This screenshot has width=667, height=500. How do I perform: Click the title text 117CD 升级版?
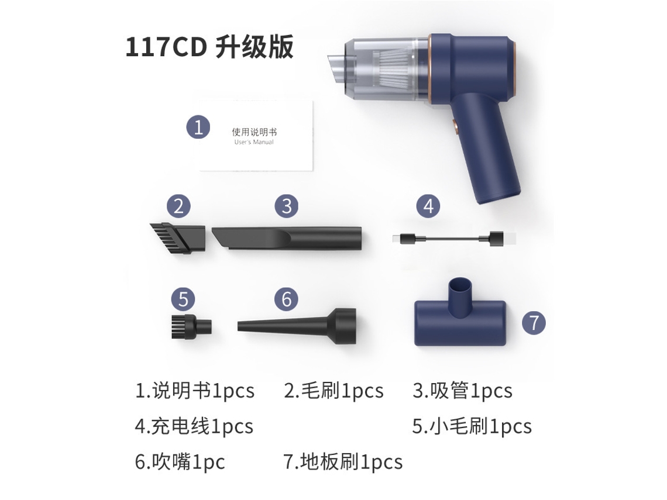209,47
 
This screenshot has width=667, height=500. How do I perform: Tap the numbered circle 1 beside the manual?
198,127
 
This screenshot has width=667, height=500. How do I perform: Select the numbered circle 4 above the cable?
428,206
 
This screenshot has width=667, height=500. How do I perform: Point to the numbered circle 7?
534,323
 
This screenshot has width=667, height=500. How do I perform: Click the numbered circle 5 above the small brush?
183,299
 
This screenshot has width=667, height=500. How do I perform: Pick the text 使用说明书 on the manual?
254,132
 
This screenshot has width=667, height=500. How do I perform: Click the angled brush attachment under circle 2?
178,238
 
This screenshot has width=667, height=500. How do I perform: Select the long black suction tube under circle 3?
287,238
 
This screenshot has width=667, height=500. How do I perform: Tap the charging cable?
454,239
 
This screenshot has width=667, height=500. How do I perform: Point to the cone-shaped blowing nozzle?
297,326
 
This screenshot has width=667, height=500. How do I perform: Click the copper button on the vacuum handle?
454,127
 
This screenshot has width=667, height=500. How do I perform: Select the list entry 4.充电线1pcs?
194,426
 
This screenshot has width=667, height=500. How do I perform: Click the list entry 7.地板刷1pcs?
343,462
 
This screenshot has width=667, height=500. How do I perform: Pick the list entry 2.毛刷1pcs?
334,391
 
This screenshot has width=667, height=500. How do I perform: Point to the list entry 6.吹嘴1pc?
180,462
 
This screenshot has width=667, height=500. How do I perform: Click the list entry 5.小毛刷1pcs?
472,426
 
